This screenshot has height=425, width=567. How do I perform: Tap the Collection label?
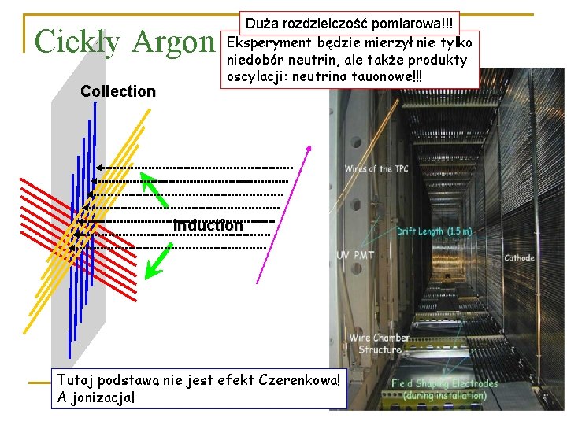(x=118, y=91)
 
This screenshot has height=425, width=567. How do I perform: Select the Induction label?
(x=208, y=225)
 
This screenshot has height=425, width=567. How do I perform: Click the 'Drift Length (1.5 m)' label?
(x=435, y=231)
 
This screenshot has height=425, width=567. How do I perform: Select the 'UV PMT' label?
(x=355, y=255)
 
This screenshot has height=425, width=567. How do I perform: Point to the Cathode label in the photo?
(x=519, y=257)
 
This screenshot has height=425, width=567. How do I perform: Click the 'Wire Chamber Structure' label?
(x=380, y=344)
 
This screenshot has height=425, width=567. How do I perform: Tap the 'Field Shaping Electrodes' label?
(x=445, y=384)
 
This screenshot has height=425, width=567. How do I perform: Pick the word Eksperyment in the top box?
(x=265, y=42)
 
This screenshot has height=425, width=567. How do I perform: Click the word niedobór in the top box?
(x=254, y=60)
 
